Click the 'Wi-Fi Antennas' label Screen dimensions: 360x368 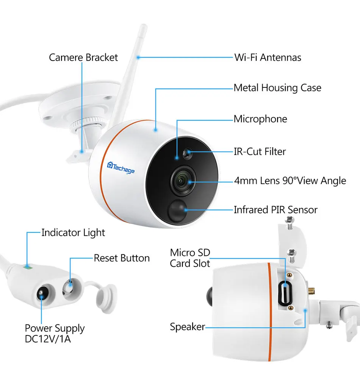click(268, 58)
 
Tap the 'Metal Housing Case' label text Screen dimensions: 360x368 click(277, 88)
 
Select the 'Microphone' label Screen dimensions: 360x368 click(260, 119)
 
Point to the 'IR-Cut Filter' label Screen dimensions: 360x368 click(260, 151)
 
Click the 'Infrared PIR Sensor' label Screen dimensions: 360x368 click(275, 210)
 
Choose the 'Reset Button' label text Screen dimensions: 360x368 click(122, 258)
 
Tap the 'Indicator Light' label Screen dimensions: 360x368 click(73, 233)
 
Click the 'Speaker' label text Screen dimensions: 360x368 click(188, 327)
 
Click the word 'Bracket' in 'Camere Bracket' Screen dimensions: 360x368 click(102, 58)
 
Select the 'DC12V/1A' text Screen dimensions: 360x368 click(48, 339)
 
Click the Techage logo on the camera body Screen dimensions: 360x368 click(121, 167)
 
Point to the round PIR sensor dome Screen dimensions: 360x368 click(177, 210)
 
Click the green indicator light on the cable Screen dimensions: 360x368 click(28, 267)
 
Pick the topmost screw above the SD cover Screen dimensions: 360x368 click(290, 223)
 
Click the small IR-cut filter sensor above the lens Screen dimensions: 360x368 click(188, 153)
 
